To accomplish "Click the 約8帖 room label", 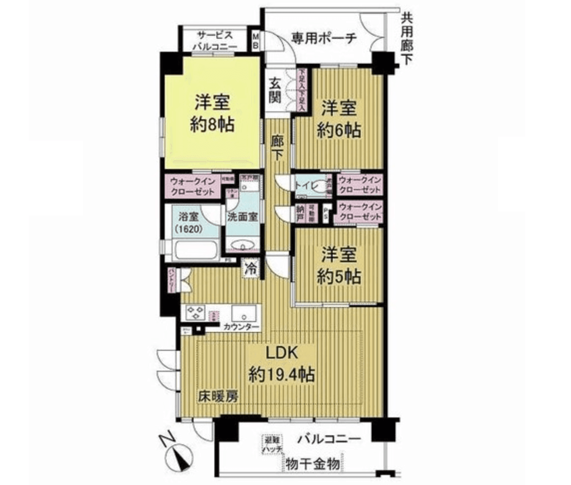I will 212,124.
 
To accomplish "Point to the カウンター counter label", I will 241,327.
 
